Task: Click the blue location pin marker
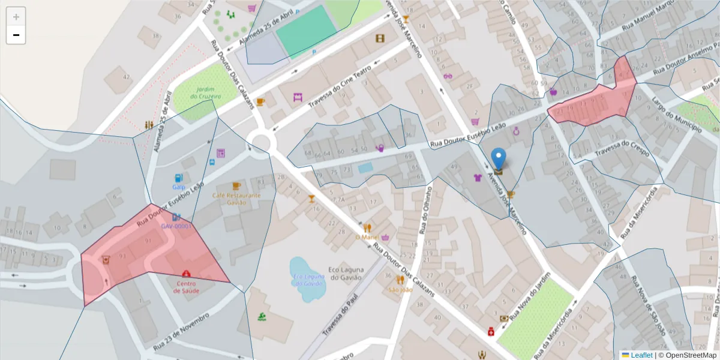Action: [x=498, y=158]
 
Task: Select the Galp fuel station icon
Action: [x=178, y=178]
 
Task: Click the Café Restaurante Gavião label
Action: [x=236, y=199]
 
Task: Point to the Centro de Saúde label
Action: [x=187, y=287]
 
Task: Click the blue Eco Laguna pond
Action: [x=308, y=278]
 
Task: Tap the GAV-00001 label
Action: [x=176, y=226]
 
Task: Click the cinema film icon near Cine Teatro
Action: [x=380, y=38]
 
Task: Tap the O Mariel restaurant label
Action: [x=365, y=237]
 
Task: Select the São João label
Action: [x=400, y=290]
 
